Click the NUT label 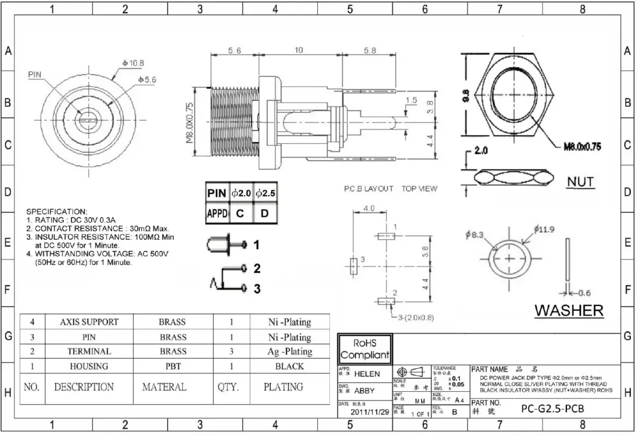[x=580, y=182]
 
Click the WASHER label [x=569, y=310]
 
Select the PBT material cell [x=173, y=366]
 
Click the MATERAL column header [x=164, y=387]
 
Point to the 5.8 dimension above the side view [x=369, y=51]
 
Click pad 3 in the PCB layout [x=352, y=266]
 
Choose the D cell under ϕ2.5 [x=264, y=214]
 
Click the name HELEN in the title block [x=367, y=374]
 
